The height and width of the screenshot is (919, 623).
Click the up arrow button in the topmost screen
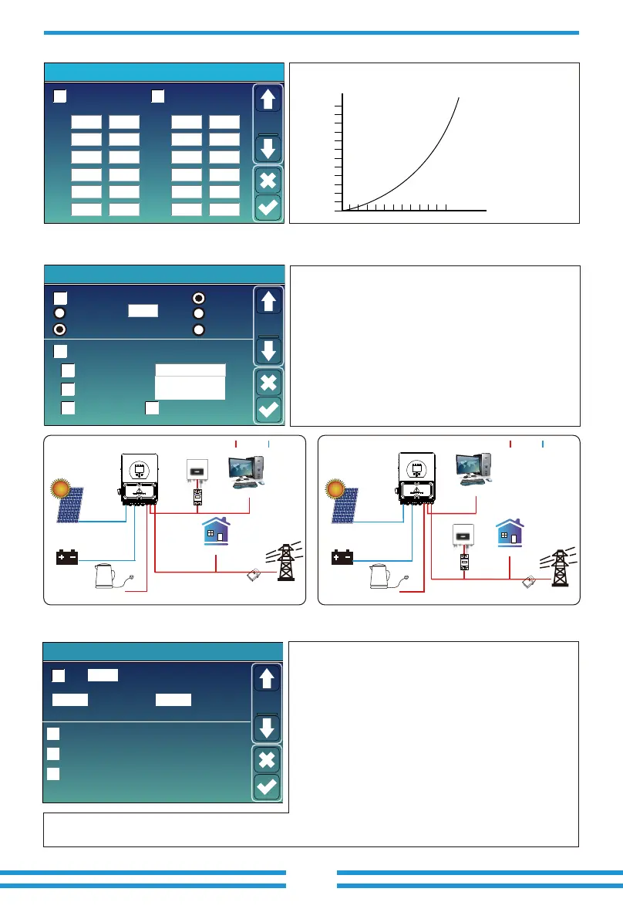tap(268, 100)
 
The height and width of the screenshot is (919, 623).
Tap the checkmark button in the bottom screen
tap(268, 787)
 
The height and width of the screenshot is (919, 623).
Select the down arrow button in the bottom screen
tap(268, 728)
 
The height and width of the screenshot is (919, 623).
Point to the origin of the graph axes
tap(342, 209)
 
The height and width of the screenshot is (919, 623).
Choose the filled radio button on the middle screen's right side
tap(199, 298)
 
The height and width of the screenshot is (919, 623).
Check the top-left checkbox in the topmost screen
tap(60, 96)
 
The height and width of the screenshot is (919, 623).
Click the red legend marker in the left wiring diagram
tap(236, 444)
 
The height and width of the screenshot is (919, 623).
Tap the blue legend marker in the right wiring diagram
tap(543, 444)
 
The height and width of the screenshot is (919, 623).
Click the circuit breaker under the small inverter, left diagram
tap(197, 495)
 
